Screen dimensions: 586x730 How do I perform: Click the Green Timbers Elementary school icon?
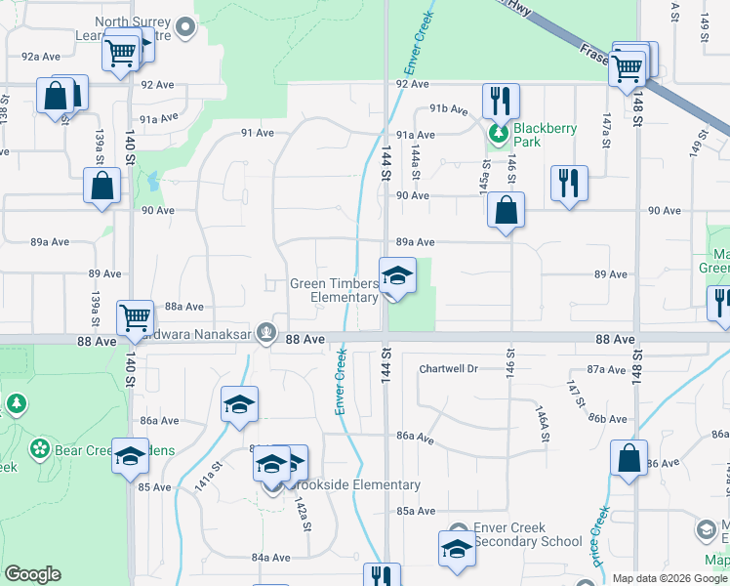397,276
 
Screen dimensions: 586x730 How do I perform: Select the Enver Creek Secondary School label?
527,534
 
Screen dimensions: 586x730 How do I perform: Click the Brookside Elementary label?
366,484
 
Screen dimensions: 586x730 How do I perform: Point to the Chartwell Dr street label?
448,369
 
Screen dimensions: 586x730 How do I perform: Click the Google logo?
32,574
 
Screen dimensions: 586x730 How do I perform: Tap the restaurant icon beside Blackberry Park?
501,101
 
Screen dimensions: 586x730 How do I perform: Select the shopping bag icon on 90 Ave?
506,210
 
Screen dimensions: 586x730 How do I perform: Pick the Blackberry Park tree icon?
499,133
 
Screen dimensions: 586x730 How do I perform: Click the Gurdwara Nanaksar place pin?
265,333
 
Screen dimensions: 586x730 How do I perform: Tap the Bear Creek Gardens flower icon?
39,449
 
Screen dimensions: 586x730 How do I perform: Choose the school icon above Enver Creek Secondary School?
457,549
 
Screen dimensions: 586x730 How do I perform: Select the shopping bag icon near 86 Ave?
629,459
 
